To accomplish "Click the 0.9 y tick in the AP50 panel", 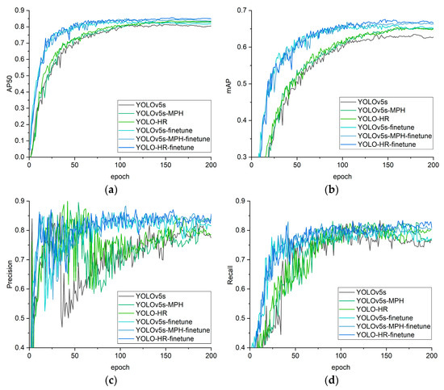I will [x=20, y=10].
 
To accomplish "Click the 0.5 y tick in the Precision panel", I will [x=20, y=312].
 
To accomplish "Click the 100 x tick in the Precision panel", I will [x=119, y=356].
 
